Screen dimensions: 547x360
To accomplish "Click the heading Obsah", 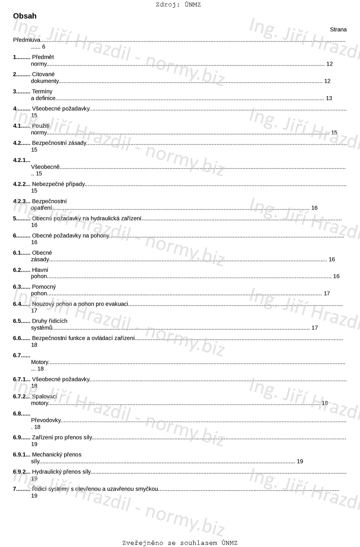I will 25,16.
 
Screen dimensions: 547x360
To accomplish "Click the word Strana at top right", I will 338,30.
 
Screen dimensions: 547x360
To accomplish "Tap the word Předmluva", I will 27,40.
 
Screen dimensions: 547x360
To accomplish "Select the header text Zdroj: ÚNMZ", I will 178,5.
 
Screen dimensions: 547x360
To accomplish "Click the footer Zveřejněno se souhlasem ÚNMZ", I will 180,543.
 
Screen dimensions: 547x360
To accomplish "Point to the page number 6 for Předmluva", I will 44,47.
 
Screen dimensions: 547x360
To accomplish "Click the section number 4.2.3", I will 21,201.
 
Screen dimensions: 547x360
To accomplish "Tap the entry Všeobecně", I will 45,167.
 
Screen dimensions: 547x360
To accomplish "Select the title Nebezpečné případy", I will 58,184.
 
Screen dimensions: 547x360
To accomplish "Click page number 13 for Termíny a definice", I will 329,98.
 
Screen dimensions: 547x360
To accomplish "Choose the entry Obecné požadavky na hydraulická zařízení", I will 87,219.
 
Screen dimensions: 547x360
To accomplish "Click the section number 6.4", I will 21,304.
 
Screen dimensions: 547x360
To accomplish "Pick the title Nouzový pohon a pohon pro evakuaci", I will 80,304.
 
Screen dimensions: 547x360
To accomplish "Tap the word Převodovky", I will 46,420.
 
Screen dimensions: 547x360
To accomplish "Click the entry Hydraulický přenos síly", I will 61,472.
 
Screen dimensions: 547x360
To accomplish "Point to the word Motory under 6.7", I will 40,362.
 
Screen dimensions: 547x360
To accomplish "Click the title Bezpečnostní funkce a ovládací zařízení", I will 83,338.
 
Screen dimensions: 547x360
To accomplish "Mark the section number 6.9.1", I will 21,454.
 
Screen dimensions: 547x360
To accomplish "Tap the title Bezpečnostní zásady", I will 59,143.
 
